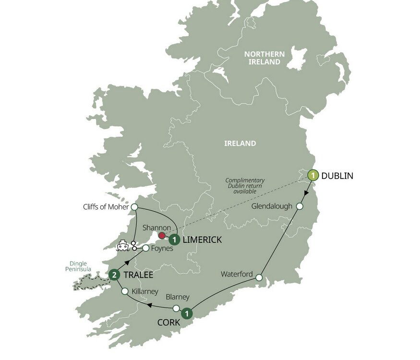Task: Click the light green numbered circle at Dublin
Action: (313, 176)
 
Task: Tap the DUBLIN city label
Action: (337, 176)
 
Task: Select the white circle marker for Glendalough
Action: (299, 206)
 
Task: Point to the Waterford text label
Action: (237, 275)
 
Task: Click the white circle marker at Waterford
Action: (259, 277)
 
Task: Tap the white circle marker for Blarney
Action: (176, 308)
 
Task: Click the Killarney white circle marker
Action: (125, 291)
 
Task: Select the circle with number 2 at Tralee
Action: (114, 275)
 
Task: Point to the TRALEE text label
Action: (138, 276)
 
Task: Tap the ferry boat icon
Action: (123, 246)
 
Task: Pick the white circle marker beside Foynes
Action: (145, 248)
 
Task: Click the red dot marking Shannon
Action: (162, 235)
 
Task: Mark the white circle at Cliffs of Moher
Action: (134, 207)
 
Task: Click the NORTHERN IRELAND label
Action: (264, 59)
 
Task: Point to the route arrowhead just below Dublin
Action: (306, 195)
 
